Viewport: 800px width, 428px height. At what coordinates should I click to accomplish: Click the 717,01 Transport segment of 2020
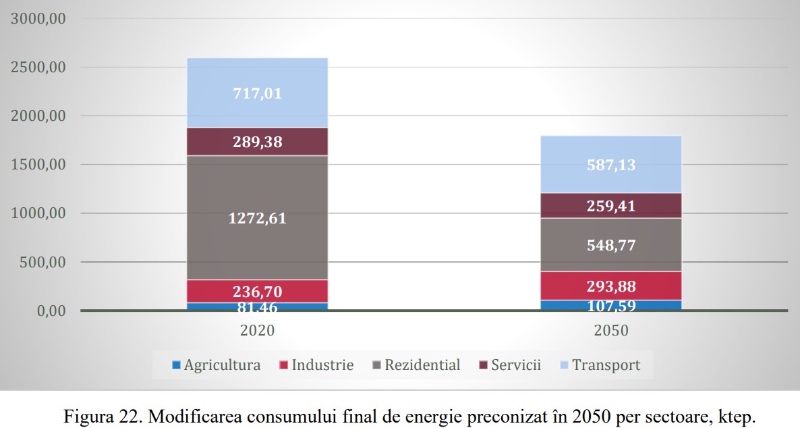pyautogui.click(x=257, y=93)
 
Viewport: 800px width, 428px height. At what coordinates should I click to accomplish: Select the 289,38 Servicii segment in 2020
pyautogui.click(x=257, y=142)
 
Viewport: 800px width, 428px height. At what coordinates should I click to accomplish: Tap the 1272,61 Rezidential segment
pyautogui.click(x=257, y=218)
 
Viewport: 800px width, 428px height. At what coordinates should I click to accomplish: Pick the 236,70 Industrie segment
pyautogui.click(x=257, y=292)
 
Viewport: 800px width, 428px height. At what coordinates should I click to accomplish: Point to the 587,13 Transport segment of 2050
pyautogui.click(x=612, y=165)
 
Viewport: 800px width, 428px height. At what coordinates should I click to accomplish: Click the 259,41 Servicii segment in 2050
pyautogui.click(x=612, y=205)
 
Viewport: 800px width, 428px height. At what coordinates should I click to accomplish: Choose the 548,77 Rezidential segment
pyautogui.click(x=612, y=244)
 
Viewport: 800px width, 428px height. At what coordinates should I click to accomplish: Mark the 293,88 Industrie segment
pyautogui.click(x=612, y=286)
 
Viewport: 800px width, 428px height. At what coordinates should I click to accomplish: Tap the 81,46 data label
pyautogui.click(x=257, y=308)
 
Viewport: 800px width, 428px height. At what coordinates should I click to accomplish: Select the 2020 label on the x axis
pyautogui.click(x=257, y=331)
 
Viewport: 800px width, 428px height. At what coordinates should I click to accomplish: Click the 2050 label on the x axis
pyautogui.click(x=612, y=331)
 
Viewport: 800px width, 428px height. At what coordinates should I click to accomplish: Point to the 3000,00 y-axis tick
pyautogui.click(x=38, y=19)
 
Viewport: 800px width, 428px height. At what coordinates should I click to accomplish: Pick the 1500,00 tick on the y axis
pyautogui.click(x=38, y=165)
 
